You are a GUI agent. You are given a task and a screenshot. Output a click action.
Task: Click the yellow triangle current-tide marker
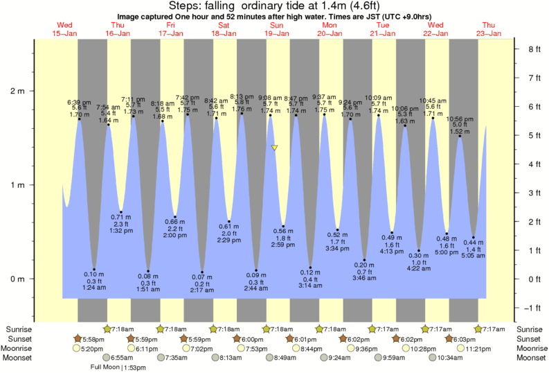point(275,148)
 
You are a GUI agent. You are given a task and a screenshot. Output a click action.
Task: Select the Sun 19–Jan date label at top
point(276,29)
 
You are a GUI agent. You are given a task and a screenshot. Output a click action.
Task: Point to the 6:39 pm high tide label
point(80,102)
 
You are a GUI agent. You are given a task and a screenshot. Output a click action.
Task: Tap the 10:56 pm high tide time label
point(459,119)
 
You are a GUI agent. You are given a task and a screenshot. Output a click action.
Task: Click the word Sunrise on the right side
point(530,328)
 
